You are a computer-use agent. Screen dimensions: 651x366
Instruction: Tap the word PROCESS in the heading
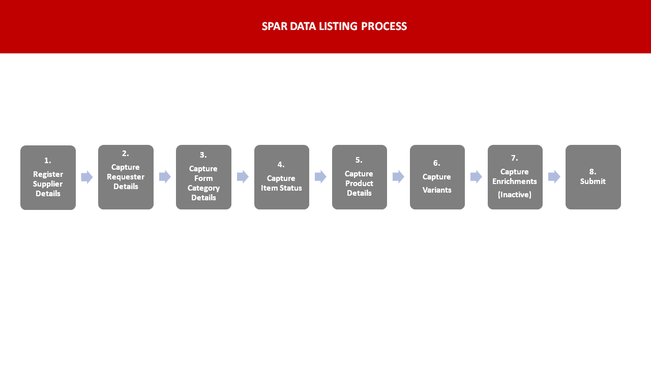(x=384, y=26)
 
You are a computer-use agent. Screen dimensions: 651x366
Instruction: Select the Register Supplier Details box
(x=48, y=177)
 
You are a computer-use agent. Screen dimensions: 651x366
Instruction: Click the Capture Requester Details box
(x=126, y=177)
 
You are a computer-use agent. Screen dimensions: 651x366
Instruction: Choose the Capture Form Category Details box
(x=204, y=177)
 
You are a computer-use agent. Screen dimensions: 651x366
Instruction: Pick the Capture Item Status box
(x=282, y=177)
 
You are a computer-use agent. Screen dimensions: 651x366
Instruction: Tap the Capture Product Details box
(x=360, y=177)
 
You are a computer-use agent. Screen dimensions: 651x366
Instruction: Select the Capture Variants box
(x=437, y=177)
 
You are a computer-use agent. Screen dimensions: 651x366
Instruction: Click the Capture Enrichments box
(x=515, y=177)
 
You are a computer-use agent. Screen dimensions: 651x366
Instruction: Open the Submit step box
(x=593, y=177)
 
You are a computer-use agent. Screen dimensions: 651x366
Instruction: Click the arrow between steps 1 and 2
(x=87, y=177)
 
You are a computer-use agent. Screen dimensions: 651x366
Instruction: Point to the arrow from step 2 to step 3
(x=165, y=176)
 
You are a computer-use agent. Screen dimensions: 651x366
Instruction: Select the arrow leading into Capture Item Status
(x=243, y=176)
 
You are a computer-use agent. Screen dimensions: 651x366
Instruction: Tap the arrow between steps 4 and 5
(x=320, y=176)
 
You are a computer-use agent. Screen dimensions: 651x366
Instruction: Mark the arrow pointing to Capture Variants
(x=398, y=176)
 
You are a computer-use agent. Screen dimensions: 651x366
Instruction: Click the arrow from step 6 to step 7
(x=477, y=176)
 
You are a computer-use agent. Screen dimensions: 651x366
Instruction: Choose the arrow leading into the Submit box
(x=554, y=176)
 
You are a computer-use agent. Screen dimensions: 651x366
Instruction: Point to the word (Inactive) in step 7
(x=515, y=195)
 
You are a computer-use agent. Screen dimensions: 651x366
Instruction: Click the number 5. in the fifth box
(x=359, y=160)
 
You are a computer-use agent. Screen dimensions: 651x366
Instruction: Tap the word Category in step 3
(x=203, y=188)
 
